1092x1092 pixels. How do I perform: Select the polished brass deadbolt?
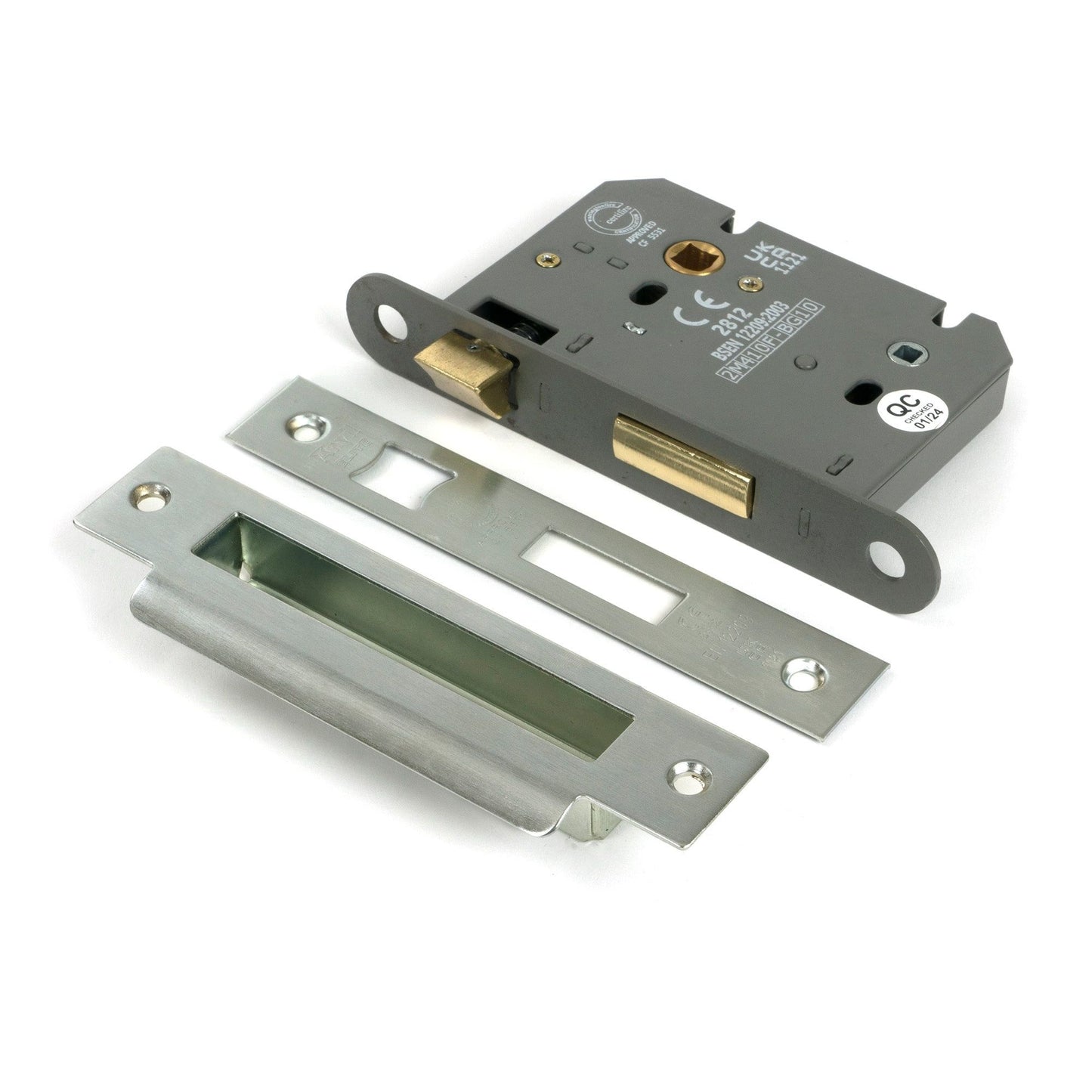(684, 462)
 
